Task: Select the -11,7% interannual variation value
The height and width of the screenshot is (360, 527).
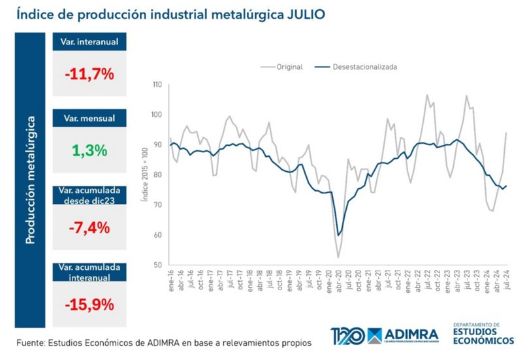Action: (x=89, y=74)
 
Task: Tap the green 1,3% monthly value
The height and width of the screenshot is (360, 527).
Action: (x=89, y=150)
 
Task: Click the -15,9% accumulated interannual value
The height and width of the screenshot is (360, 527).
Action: (x=89, y=304)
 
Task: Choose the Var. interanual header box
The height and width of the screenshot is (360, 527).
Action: (x=89, y=42)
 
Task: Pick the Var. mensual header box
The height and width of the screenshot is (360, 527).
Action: (x=89, y=118)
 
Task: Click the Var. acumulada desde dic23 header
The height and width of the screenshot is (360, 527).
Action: (x=89, y=195)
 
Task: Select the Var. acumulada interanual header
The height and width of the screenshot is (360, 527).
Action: (x=89, y=272)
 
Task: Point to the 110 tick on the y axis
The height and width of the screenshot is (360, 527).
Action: (x=157, y=85)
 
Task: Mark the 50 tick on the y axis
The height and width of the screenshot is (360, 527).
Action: (x=159, y=265)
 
